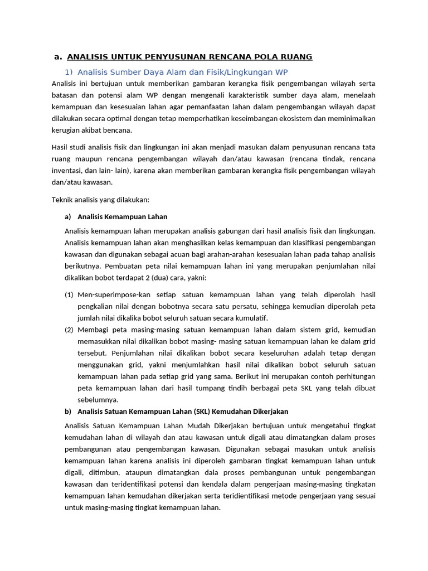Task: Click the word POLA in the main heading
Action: click(x=249, y=57)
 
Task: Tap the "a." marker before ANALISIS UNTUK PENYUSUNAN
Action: click(x=57, y=57)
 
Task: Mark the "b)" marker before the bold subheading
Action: click(x=68, y=412)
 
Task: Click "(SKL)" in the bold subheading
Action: click(x=202, y=412)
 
